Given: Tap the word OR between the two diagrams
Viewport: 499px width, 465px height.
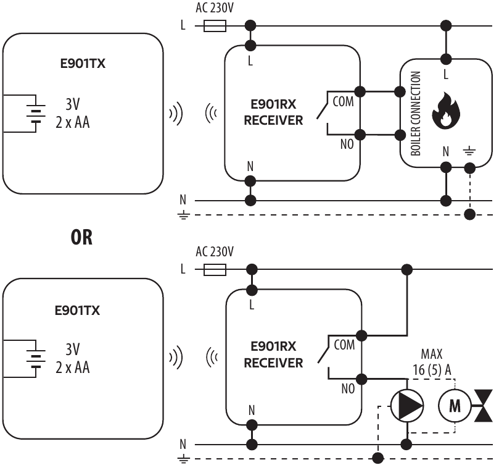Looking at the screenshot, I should click(x=81, y=238).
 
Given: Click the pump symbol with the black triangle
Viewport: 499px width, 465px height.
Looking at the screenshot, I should click(x=407, y=405).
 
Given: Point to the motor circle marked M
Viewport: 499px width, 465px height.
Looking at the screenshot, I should click(x=455, y=406).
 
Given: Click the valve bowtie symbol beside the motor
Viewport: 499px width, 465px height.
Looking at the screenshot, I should click(x=484, y=406).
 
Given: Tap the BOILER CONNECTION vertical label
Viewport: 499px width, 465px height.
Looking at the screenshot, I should click(x=416, y=114).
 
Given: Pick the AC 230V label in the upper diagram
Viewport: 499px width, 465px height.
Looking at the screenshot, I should click(x=215, y=8).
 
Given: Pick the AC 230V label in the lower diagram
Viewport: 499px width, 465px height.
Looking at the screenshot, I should click(x=215, y=252).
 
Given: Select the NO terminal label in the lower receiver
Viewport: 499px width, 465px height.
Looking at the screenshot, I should click(x=347, y=389).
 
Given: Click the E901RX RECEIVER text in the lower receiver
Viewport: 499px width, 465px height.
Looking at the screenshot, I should click(x=273, y=356).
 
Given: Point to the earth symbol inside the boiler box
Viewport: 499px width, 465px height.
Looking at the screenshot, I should click(x=470, y=149).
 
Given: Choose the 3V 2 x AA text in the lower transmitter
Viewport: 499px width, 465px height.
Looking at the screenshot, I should click(x=73, y=358).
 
